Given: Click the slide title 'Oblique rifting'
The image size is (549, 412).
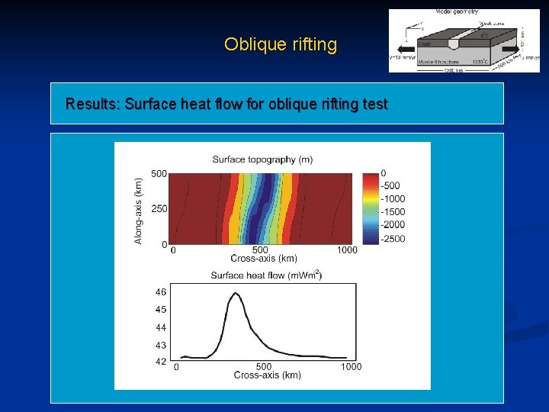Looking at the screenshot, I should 280,44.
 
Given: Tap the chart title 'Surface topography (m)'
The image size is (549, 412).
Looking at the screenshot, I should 262,159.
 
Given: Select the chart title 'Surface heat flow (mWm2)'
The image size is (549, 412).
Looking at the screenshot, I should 265,275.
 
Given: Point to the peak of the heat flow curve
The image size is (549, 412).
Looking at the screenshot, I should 235,294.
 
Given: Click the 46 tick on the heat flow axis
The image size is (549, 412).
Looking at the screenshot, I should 161,292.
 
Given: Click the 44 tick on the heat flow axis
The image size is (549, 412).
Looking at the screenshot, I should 161,327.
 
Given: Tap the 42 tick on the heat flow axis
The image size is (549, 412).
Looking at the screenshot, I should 161,362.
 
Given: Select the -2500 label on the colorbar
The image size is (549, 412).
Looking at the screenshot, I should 394,239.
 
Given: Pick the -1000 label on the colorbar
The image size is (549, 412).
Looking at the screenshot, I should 394,198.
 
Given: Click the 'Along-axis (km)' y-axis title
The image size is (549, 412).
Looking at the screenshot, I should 138,211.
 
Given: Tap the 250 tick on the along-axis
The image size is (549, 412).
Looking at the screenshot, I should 159,209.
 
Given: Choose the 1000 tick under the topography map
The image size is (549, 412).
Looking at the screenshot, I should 347,249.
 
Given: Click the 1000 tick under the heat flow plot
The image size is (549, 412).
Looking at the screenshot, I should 351,366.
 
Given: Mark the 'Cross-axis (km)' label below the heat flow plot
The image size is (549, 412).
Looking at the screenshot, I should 267,375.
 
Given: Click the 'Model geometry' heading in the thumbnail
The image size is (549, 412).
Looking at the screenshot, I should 457,12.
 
